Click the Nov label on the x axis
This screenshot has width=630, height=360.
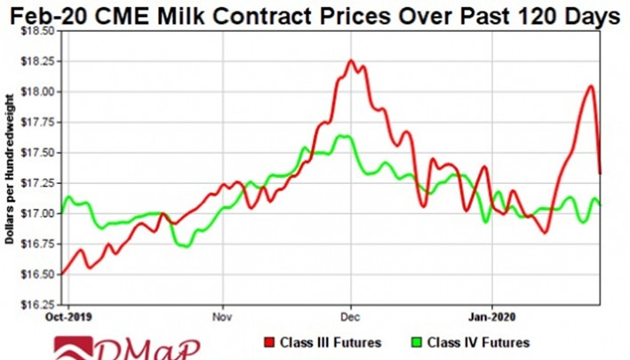coord(222,316)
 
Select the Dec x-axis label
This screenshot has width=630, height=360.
coord(351,316)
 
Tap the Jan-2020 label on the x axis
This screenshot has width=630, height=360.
coord(491,316)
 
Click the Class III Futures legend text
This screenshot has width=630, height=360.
coord(331,343)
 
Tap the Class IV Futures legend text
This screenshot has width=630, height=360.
coord(480,343)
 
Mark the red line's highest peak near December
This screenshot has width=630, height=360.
coord(351,61)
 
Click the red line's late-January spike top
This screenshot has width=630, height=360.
coord(591,86)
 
